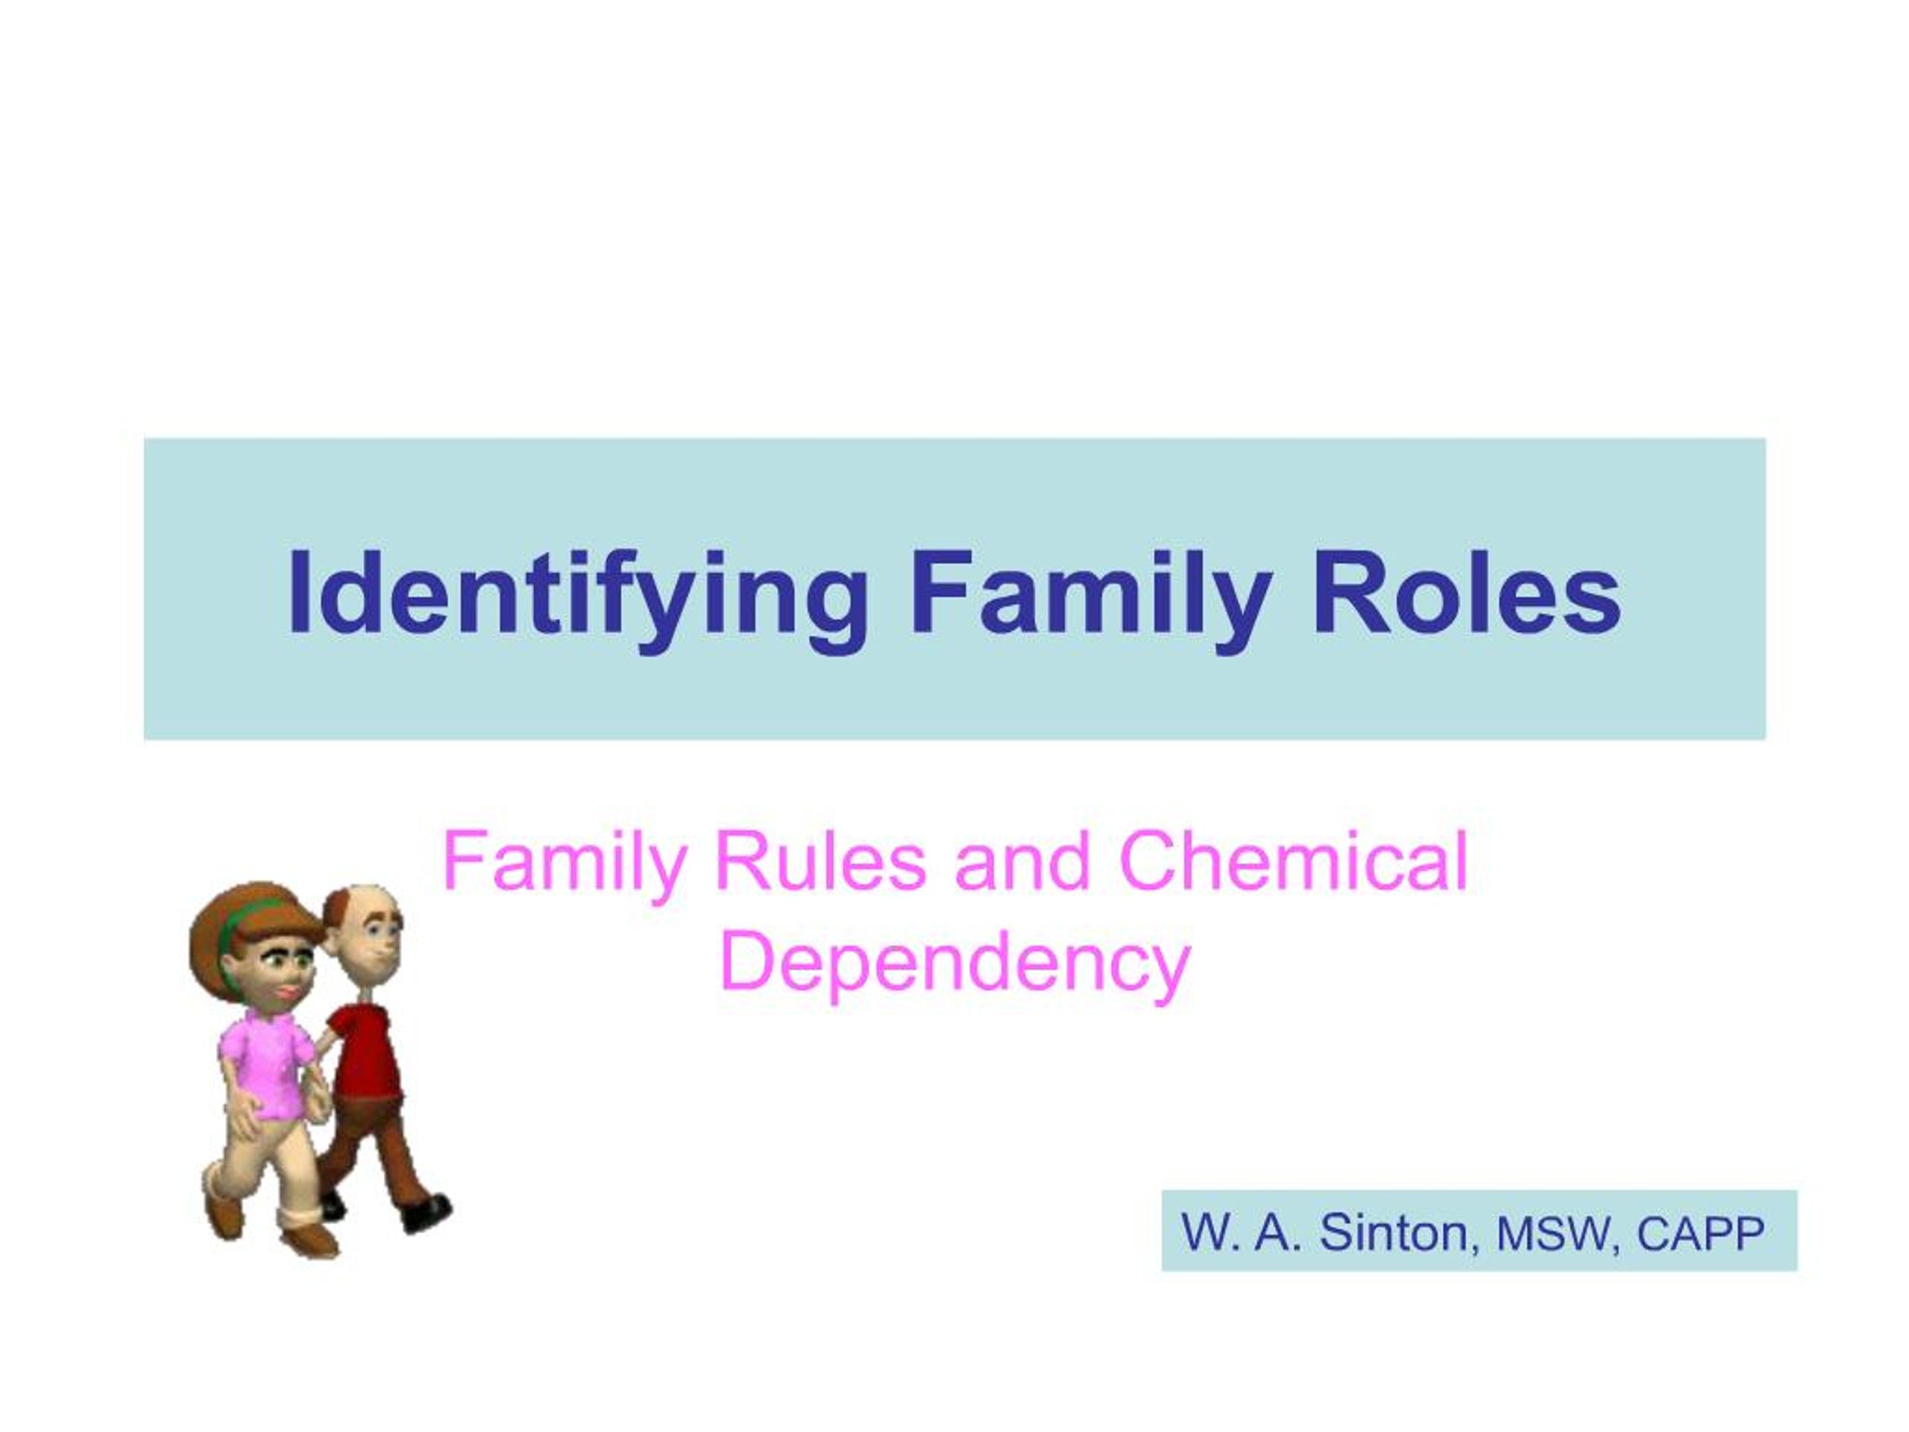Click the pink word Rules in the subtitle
click(820, 862)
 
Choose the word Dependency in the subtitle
click(954, 964)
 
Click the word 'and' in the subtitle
click(1022, 862)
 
